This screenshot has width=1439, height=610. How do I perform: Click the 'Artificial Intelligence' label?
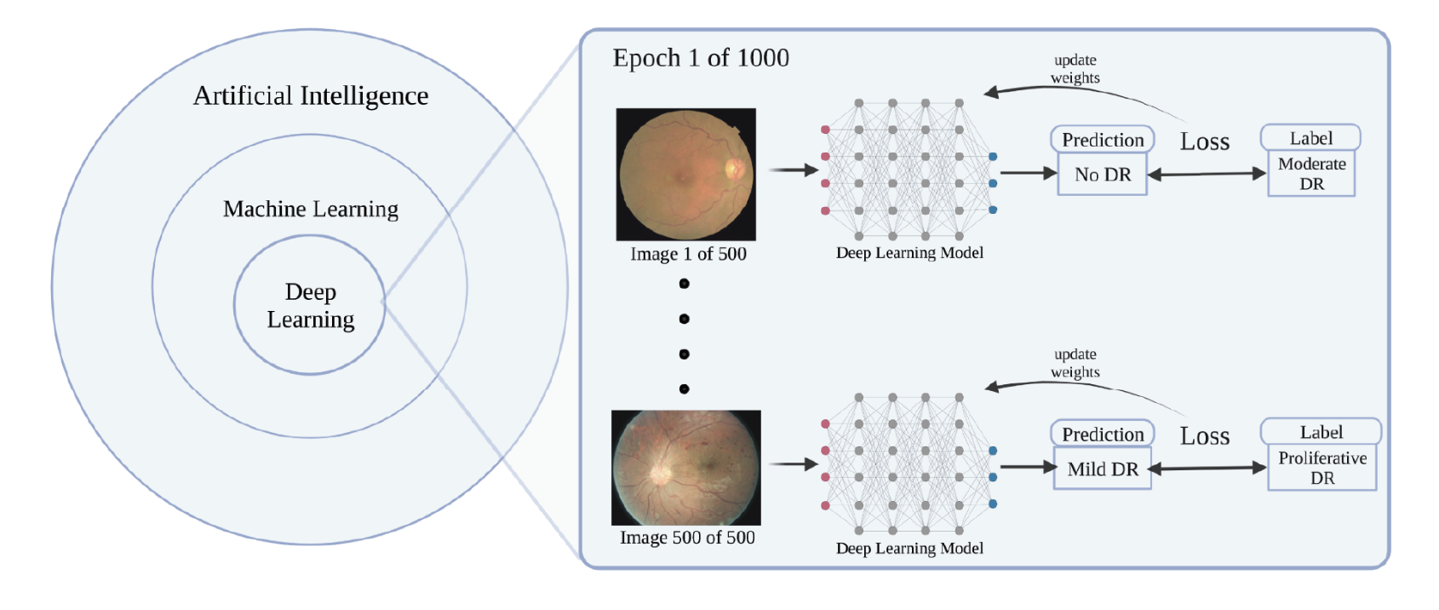click(311, 96)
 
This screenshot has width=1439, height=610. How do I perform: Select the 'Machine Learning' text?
click(311, 210)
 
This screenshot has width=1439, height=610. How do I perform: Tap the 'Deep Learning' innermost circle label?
click(311, 306)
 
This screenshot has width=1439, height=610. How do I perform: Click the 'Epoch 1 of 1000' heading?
click(701, 58)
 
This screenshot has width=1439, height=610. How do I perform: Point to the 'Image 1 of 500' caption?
click(688, 254)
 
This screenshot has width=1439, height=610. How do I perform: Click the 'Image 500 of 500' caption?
click(687, 538)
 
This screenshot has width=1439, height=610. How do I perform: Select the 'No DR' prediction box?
click(1103, 175)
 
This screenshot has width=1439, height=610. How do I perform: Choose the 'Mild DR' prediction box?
click(1103, 469)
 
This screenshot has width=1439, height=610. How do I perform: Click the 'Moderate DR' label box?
click(1311, 174)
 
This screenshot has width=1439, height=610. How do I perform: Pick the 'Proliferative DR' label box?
click(1322, 468)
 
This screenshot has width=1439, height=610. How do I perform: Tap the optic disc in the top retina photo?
click(733, 169)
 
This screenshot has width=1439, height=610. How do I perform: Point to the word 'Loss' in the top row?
click(1205, 142)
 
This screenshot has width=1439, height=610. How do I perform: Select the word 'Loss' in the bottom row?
click(1205, 437)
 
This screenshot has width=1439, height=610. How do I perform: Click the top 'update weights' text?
click(1075, 69)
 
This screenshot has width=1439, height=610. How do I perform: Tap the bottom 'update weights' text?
click(1075, 364)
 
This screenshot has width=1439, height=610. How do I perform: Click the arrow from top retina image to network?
click(793, 170)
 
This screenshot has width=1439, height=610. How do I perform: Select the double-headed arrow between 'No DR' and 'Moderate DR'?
click(1207, 174)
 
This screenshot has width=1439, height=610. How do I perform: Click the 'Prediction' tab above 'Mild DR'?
click(1103, 434)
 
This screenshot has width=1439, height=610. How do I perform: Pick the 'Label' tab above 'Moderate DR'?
click(1310, 138)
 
